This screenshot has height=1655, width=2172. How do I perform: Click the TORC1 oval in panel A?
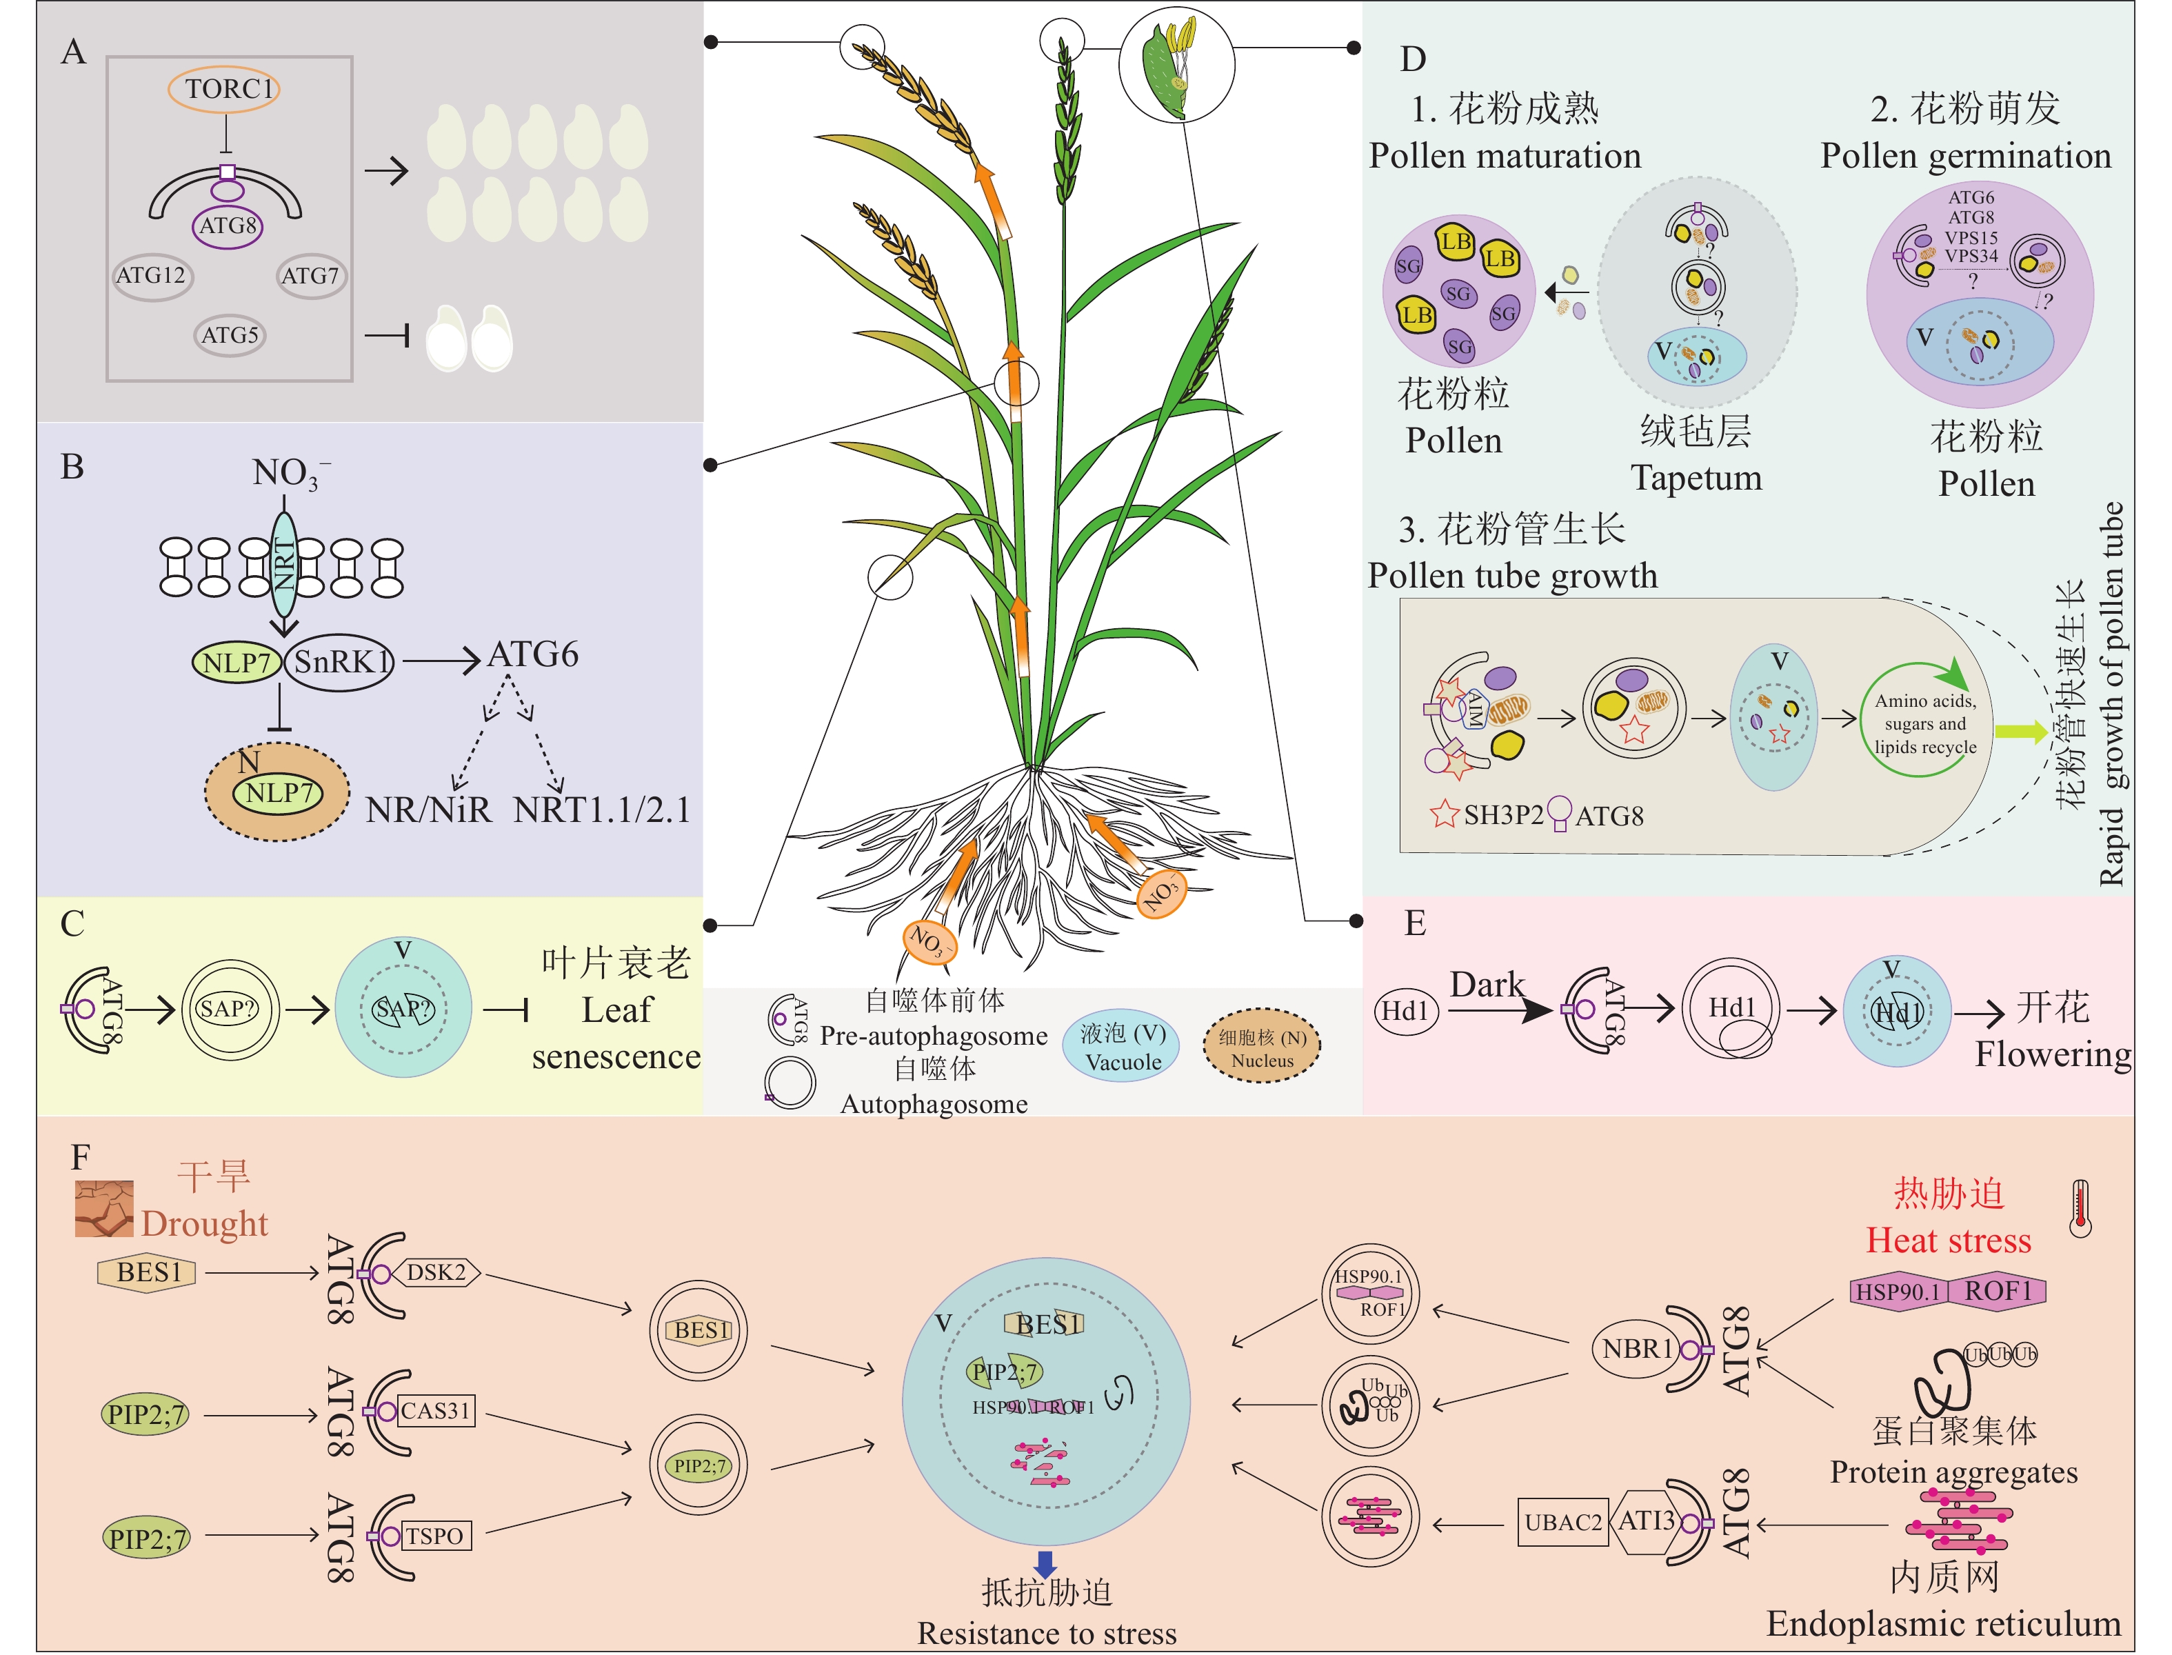(225, 90)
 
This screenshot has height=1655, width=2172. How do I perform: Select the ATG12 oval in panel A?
(152, 276)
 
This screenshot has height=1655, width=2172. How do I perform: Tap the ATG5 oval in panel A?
(230, 336)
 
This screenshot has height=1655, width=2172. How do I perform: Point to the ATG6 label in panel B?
(533, 654)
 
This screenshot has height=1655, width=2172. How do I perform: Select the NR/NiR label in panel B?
(428, 810)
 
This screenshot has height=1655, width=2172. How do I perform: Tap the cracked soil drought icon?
(103, 1209)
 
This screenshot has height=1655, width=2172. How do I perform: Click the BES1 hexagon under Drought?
(147, 1273)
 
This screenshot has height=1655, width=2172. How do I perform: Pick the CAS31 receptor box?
(435, 1411)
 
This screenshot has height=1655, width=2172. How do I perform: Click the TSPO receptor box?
(434, 1536)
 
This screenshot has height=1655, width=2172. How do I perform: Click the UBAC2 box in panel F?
(1562, 1523)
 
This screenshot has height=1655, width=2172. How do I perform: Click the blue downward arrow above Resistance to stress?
(1045, 1563)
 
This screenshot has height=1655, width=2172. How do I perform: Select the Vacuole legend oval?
(1121, 1046)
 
